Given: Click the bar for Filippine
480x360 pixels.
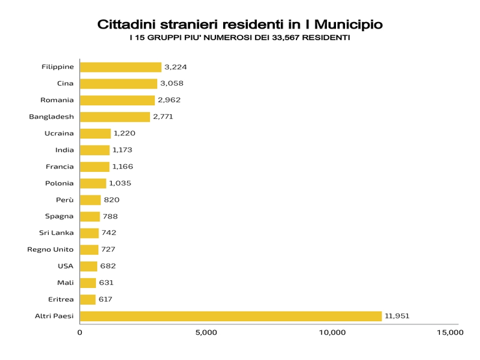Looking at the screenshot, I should point(120,67).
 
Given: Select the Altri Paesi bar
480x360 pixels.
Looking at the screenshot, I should point(230,316).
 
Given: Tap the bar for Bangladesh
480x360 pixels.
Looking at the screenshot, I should point(115,117).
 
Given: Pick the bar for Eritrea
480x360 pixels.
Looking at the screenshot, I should point(88,300).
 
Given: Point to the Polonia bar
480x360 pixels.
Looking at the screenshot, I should point(93,184).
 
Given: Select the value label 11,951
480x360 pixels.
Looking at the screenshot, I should point(397,316).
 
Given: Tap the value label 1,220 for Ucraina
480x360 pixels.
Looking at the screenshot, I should point(125,134).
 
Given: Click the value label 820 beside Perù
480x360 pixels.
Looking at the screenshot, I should point(112,200).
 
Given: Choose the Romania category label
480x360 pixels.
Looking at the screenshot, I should point(57,101).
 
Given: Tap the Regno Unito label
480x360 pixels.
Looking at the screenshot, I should point(51,250).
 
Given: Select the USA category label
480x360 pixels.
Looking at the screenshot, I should point(66,267).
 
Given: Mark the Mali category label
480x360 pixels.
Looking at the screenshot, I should point(66,283).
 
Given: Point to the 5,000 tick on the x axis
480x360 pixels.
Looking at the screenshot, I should point(206,333).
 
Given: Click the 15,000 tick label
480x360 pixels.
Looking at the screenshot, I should point(450,333).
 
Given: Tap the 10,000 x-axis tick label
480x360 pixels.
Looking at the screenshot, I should point(332,333).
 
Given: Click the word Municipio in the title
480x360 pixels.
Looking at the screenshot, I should point(348,25).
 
